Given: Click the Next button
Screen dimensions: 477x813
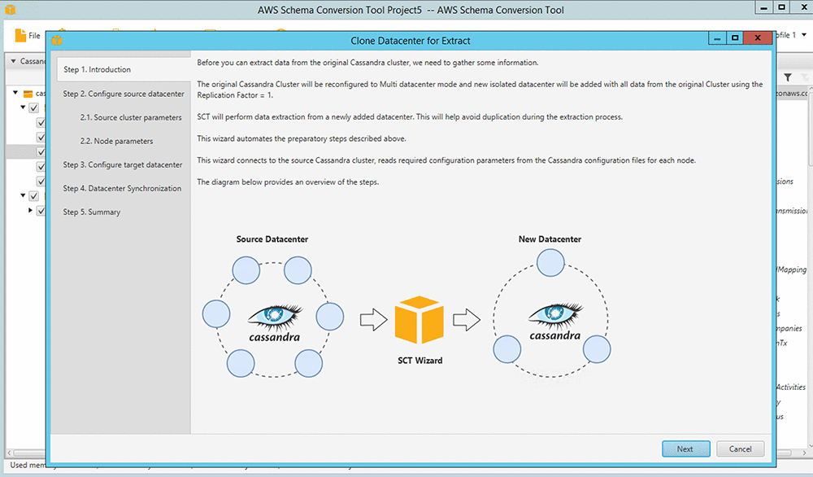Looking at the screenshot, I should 685,449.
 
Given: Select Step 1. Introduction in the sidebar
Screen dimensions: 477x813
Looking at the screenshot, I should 97,70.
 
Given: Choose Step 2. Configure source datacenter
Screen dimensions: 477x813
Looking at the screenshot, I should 124,94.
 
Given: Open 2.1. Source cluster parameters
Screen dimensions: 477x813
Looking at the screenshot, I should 131,117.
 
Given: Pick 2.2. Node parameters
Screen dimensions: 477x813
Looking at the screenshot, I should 116,141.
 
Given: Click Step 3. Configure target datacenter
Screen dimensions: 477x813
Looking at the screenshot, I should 123,164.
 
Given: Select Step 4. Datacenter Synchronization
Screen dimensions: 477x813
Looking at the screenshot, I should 122,188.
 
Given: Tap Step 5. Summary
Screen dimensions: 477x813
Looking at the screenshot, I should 92,212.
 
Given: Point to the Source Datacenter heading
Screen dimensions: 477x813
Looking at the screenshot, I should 272,239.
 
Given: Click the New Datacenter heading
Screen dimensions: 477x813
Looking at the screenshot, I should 550,239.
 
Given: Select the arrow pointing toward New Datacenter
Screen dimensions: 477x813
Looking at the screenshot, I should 466,319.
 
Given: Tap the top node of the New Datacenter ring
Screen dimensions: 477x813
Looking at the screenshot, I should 550,261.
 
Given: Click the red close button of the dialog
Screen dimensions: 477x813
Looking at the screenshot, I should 757,38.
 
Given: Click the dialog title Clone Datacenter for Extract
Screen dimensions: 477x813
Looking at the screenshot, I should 411,40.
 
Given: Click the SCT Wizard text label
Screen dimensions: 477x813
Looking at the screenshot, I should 420,360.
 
